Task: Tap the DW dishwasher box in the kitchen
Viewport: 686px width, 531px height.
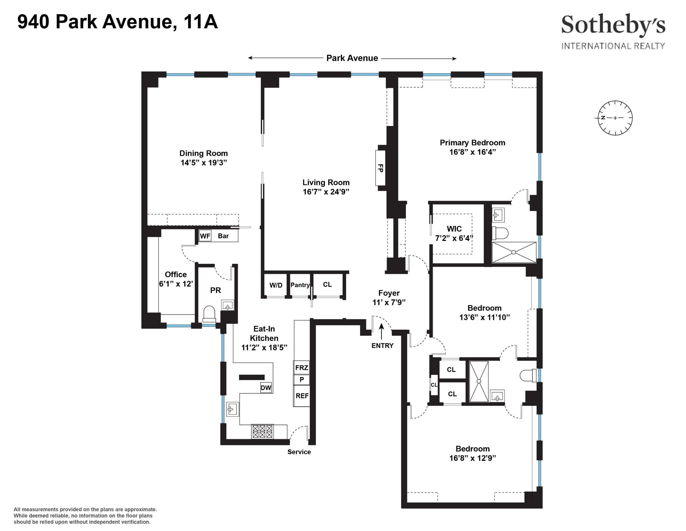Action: pos(266,387)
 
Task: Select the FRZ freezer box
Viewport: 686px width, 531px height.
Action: pos(302,368)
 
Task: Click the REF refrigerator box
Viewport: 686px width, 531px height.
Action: pos(302,396)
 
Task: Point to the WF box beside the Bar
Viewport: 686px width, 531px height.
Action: pos(205,236)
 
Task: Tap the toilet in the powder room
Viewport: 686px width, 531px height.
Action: pos(209,314)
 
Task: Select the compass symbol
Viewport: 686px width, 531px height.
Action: pos(615,118)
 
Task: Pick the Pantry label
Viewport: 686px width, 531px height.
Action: pos(300,285)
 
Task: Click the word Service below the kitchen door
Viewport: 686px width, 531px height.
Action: pos(299,452)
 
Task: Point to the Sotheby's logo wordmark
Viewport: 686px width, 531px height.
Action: pos(613,26)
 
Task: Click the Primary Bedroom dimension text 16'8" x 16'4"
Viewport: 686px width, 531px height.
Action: pos(472,152)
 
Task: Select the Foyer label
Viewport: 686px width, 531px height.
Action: pos(389,293)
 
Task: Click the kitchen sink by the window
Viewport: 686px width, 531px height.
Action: pos(232,409)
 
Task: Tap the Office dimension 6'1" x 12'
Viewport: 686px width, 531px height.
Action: pos(176,284)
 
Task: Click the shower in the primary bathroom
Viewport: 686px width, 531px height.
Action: pos(514,252)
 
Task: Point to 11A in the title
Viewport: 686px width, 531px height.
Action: pos(200,22)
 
